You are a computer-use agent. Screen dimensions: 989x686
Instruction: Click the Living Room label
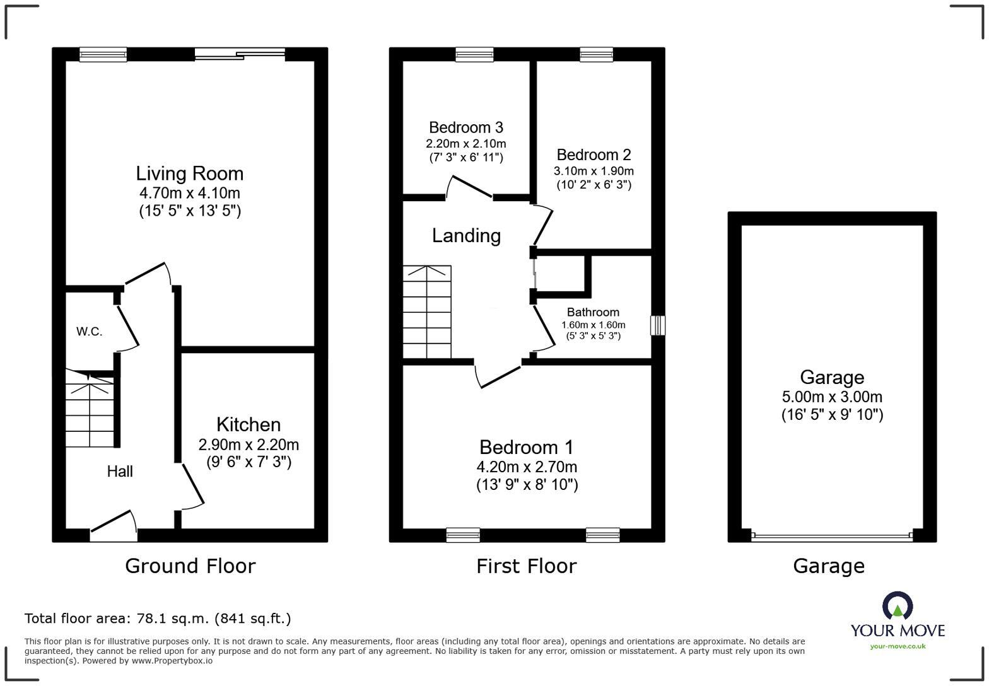click(x=189, y=173)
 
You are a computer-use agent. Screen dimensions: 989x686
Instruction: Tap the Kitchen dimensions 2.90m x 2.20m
click(x=249, y=445)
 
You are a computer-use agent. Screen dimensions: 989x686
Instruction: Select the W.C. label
click(x=89, y=332)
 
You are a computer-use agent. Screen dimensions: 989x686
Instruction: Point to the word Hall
click(x=120, y=472)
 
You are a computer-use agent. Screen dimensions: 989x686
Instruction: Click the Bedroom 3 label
click(x=465, y=127)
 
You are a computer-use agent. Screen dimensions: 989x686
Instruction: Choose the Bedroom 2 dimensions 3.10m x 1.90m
click(x=594, y=171)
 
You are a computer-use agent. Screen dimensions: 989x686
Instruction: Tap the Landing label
click(x=466, y=236)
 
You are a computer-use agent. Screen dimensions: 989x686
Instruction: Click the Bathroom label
click(x=593, y=312)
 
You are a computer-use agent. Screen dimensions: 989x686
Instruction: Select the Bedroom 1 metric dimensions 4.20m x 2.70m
click(x=527, y=467)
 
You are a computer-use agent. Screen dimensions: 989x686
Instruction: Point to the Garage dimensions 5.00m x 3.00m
click(x=832, y=397)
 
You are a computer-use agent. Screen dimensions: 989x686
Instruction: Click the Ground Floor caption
click(x=190, y=566)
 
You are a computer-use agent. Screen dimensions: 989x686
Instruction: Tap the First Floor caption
click(x=526, y=566)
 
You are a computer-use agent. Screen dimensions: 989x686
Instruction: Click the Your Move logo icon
click(x=898, y=606)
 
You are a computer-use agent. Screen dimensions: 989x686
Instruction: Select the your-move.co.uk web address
click(x=898, y=647)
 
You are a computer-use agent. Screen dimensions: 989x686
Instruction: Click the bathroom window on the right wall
click(x=658, y=325)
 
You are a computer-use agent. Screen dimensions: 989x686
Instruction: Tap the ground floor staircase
click(x=91, y=409)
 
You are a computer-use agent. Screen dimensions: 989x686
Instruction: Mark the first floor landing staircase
click(x=427, y=311)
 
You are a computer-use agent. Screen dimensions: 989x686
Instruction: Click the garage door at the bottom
click(x=832, y=537)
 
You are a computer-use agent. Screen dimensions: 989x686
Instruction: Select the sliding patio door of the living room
click(x=240, y=54)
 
